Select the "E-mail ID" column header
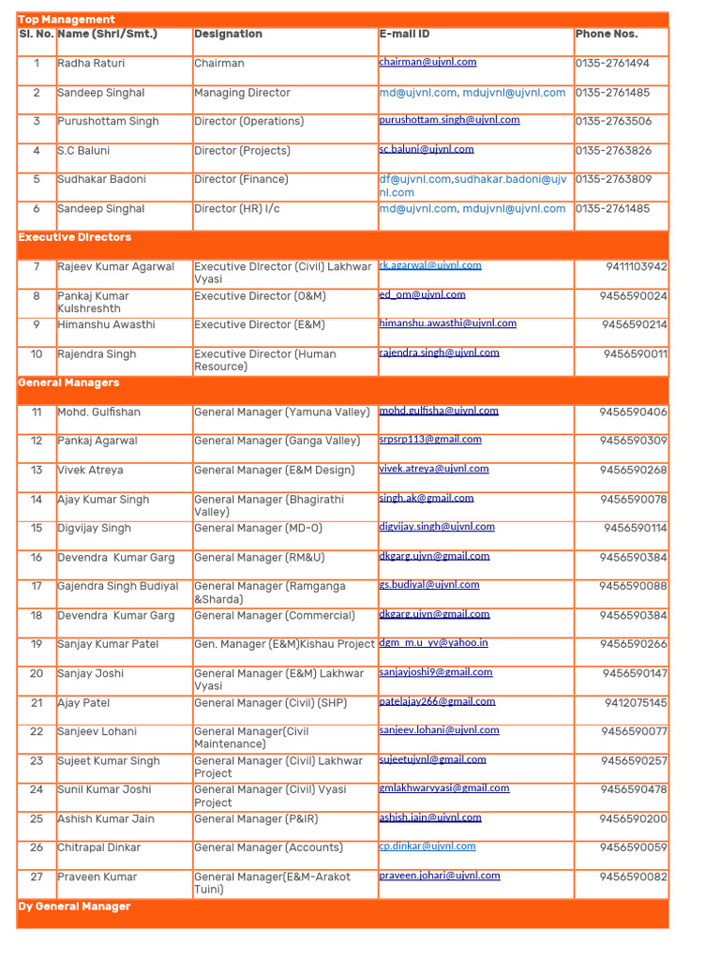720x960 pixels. pos(404,34)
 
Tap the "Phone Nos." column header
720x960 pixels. pos(606,34)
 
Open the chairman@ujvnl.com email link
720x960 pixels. pos(427,62)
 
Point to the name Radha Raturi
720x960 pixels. pos(91,64)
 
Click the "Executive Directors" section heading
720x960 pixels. pos(75,238)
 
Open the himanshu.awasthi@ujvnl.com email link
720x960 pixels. pos(447,323)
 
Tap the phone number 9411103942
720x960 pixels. pos(637,267)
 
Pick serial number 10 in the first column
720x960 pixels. pos(37,354)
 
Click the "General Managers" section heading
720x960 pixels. pos(68,383)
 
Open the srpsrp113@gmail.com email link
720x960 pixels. pos(430,440)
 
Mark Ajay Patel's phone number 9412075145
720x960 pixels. pos(636,703)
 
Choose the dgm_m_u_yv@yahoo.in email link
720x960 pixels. pos(433,643)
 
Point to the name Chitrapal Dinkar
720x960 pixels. pos(98,847)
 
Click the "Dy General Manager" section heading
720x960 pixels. pos(74,907)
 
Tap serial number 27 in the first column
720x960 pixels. pos(37,877)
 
